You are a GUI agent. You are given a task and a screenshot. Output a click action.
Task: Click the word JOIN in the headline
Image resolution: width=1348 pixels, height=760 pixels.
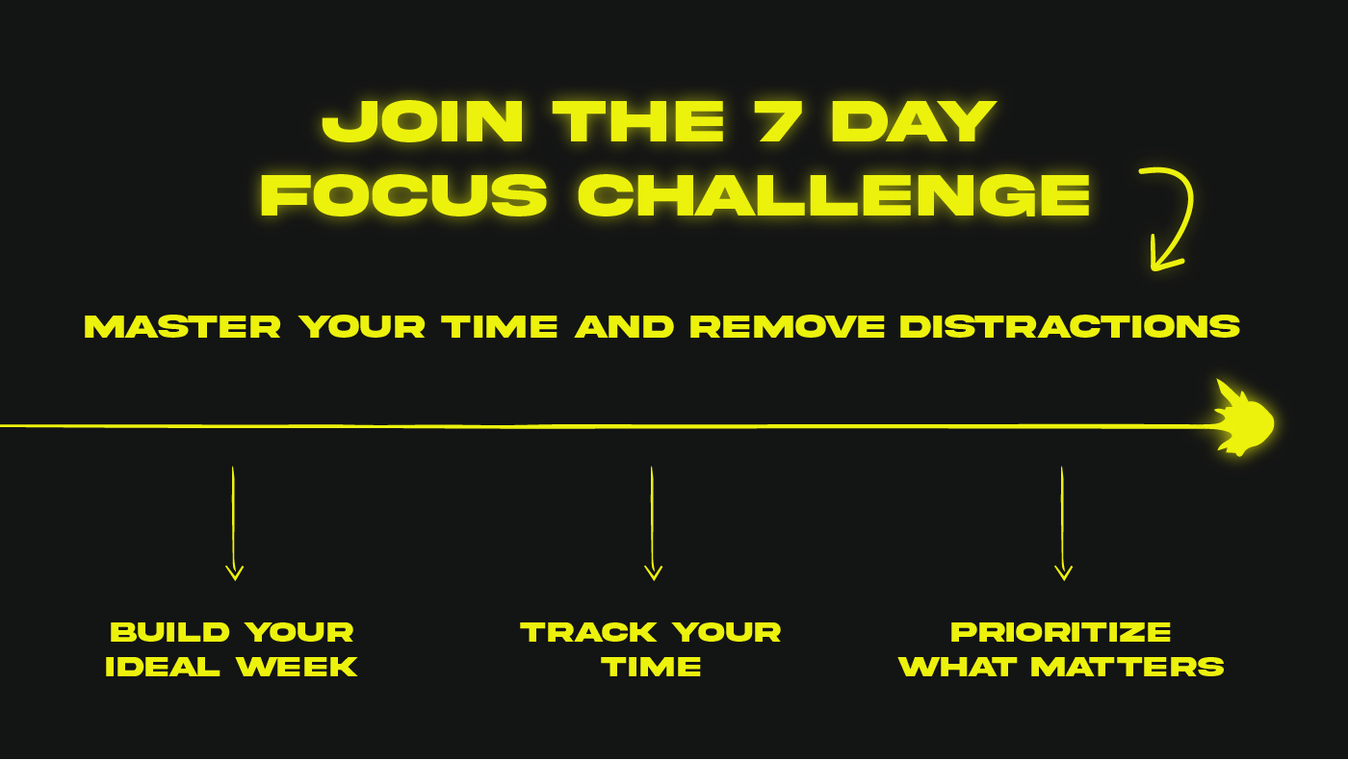click(x=423, y=121)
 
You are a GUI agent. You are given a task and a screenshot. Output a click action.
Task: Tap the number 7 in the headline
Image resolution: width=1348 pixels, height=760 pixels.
click(x=777, y=121)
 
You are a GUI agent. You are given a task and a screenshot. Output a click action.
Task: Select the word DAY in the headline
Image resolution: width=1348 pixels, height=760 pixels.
click(x=914, y=121)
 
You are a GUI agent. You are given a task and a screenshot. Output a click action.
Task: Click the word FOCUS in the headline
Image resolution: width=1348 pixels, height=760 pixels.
click(x=403, y=194)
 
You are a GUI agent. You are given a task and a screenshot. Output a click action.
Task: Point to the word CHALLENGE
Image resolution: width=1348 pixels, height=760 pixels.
click(x=834, y=194)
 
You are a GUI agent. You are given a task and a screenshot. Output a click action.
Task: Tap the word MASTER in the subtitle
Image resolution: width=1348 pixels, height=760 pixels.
click(x=182, y=327)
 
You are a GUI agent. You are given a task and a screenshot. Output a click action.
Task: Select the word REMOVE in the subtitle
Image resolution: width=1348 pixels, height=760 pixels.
click(x=788, y=327)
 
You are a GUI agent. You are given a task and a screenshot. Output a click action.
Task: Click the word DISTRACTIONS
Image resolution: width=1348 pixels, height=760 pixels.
click(x=1070, y=327)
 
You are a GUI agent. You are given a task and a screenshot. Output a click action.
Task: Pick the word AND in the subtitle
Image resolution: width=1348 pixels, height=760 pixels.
click(x=625, y=327)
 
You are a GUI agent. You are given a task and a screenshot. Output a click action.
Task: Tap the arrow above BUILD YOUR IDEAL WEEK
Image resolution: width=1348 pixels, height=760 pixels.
click(x=233, y=523)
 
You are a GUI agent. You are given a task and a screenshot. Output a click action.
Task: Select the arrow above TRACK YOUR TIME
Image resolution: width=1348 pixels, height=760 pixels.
click(x=653, y=523)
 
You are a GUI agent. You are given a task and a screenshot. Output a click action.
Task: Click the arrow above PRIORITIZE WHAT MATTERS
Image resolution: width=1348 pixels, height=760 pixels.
click(x=1063, y=523)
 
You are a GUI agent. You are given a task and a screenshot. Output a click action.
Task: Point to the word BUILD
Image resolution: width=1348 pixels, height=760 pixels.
click(x=169, y=633)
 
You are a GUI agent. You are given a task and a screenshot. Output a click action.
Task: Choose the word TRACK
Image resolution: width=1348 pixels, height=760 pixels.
click(x=588, y=633)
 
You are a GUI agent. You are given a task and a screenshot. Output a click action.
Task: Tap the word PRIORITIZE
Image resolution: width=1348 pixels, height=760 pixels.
click(x=1061, y=633)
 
